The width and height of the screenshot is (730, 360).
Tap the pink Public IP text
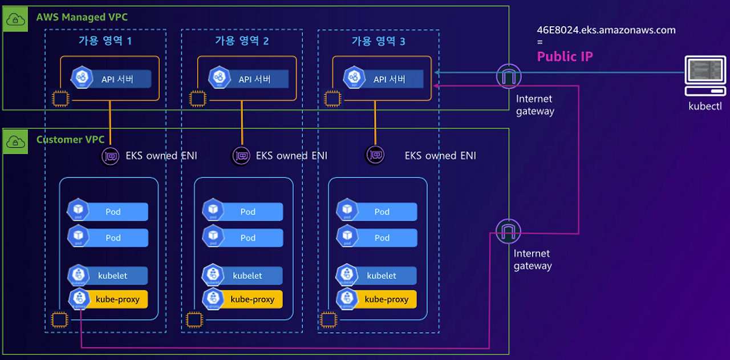tap(565, 56)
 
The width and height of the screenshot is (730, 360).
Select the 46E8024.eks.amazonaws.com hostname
tap(606, 30)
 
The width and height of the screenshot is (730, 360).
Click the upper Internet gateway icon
tap(509, 76)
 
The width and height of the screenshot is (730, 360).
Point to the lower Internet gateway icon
tap(508, 232)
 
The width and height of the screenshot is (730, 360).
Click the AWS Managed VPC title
tap(82, 17)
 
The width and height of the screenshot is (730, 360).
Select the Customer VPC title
tap(67, 140)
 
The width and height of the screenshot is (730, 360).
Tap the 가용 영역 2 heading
tap(242, 41)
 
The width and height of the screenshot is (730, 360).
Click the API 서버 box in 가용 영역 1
tap(111, 79)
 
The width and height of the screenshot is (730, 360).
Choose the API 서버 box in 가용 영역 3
tap(383, 79)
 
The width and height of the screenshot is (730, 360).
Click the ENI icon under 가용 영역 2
tap(241, 156)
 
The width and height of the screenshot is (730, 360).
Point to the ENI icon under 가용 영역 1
tap(110, 156)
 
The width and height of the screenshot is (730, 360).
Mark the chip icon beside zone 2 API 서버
tap(197, 99)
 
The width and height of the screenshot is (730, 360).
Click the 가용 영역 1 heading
tap(106, 41)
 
